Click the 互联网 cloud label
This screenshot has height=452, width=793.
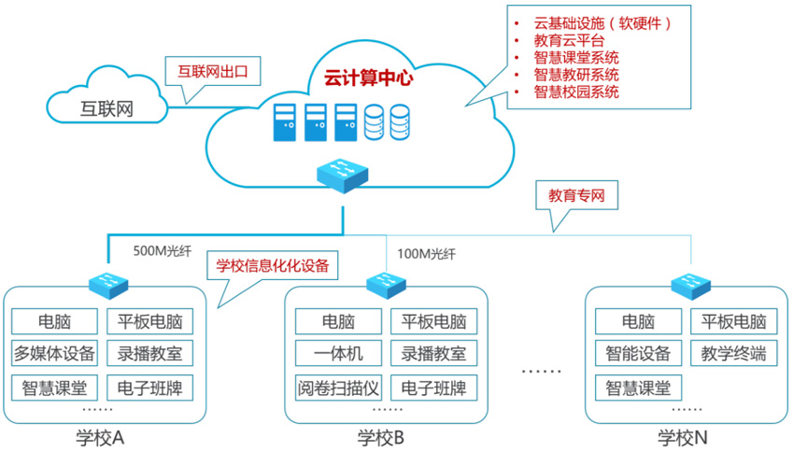pyautogui.click(x=106, y=109)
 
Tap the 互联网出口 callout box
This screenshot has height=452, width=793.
pyautogui.click(x=212, y=70)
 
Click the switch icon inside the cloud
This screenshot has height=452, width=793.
pyautogui.click(x=342, y=174)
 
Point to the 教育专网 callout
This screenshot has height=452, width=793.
pyautogui.click(x=577, y=196)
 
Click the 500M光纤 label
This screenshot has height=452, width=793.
pyautogui.click(x=162, y=251)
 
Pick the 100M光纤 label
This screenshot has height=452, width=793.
pyautogui.click(x=426, y=253)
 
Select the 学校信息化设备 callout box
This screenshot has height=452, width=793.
pyautogui.click(x=272, y=265)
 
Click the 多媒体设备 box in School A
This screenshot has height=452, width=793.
pyautogui.click(x=55, y=354)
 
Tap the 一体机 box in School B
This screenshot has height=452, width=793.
pyautogui.click(x=338, y=354)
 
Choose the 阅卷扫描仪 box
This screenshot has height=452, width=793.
pyautogui.click(x=338, y=386)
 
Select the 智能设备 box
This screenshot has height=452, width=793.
pyautogui.click(x=638, y=354)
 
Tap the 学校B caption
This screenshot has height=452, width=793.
pyautogui.click(x=380, y=437)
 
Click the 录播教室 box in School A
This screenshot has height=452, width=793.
pyautogui.click(x=149, y=354)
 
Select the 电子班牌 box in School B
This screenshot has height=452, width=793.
pyautogui.click(x=433, y=386)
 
